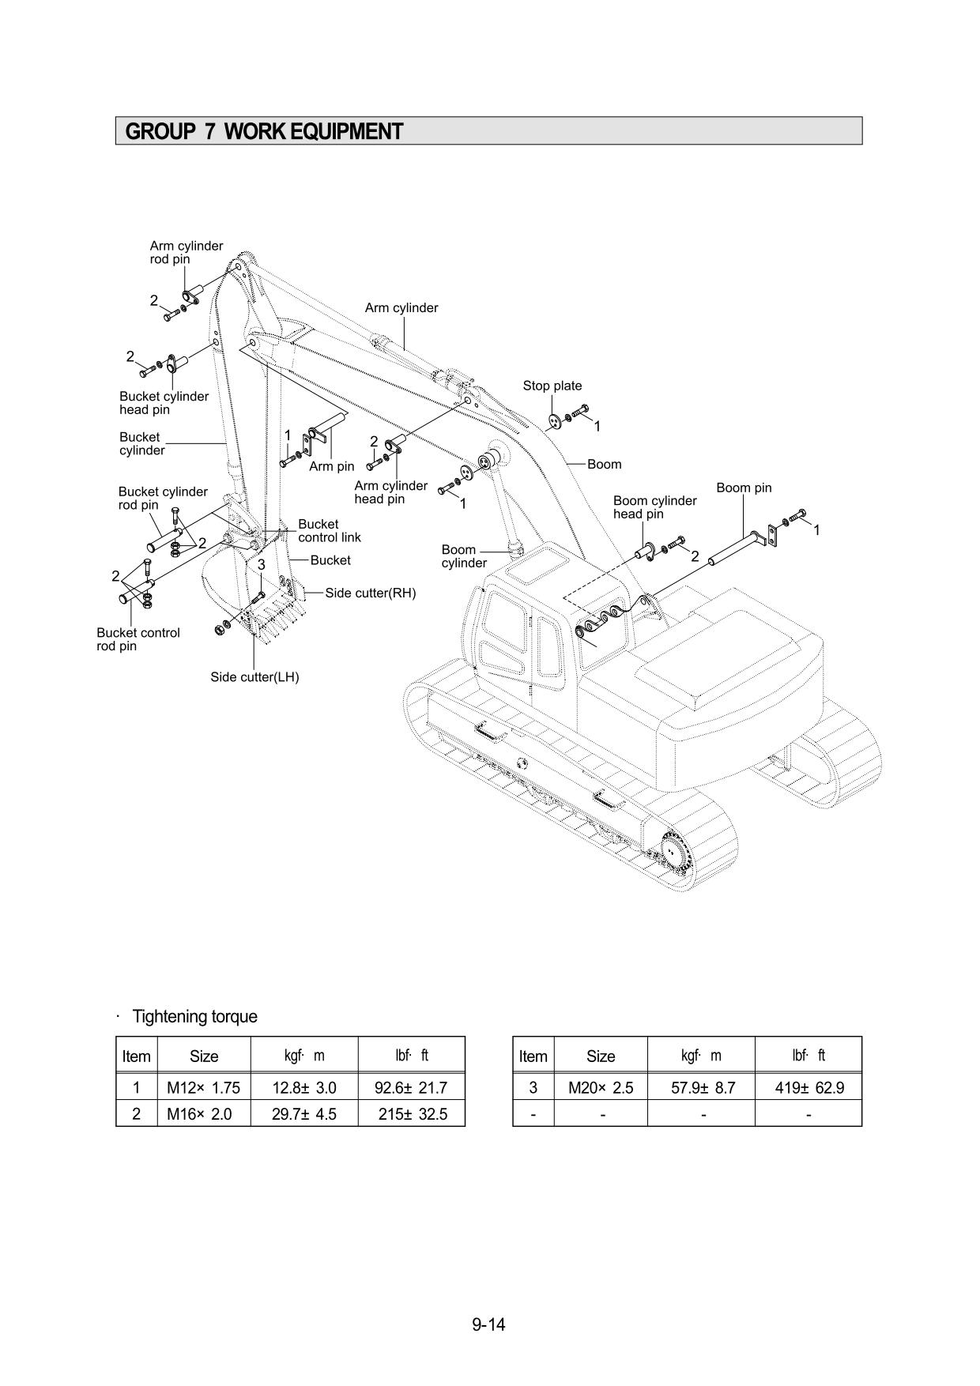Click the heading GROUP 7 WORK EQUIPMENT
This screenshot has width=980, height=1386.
264,131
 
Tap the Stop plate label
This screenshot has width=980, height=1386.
552,386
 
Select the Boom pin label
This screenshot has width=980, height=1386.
743,488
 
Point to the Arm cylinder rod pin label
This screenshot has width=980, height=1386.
186,252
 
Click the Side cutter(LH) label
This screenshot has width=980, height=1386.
254,677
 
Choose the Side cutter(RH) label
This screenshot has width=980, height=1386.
370,593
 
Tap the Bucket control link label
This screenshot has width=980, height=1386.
329,530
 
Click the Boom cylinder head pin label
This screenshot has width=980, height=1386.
654,507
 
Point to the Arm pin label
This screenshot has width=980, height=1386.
331,466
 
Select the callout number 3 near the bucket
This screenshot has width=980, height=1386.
261,565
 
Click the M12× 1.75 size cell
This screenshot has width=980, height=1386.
203,1088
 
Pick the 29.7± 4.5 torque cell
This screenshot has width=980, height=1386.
303,1114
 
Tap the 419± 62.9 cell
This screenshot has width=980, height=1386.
808,1088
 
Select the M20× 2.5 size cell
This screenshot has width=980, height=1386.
600,1088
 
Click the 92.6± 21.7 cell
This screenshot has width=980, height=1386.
411,1088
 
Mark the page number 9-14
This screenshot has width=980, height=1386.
488,1324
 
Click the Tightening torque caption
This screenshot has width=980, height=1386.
194,1016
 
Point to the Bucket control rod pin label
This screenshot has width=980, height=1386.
138,639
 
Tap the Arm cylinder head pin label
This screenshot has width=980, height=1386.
390,492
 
